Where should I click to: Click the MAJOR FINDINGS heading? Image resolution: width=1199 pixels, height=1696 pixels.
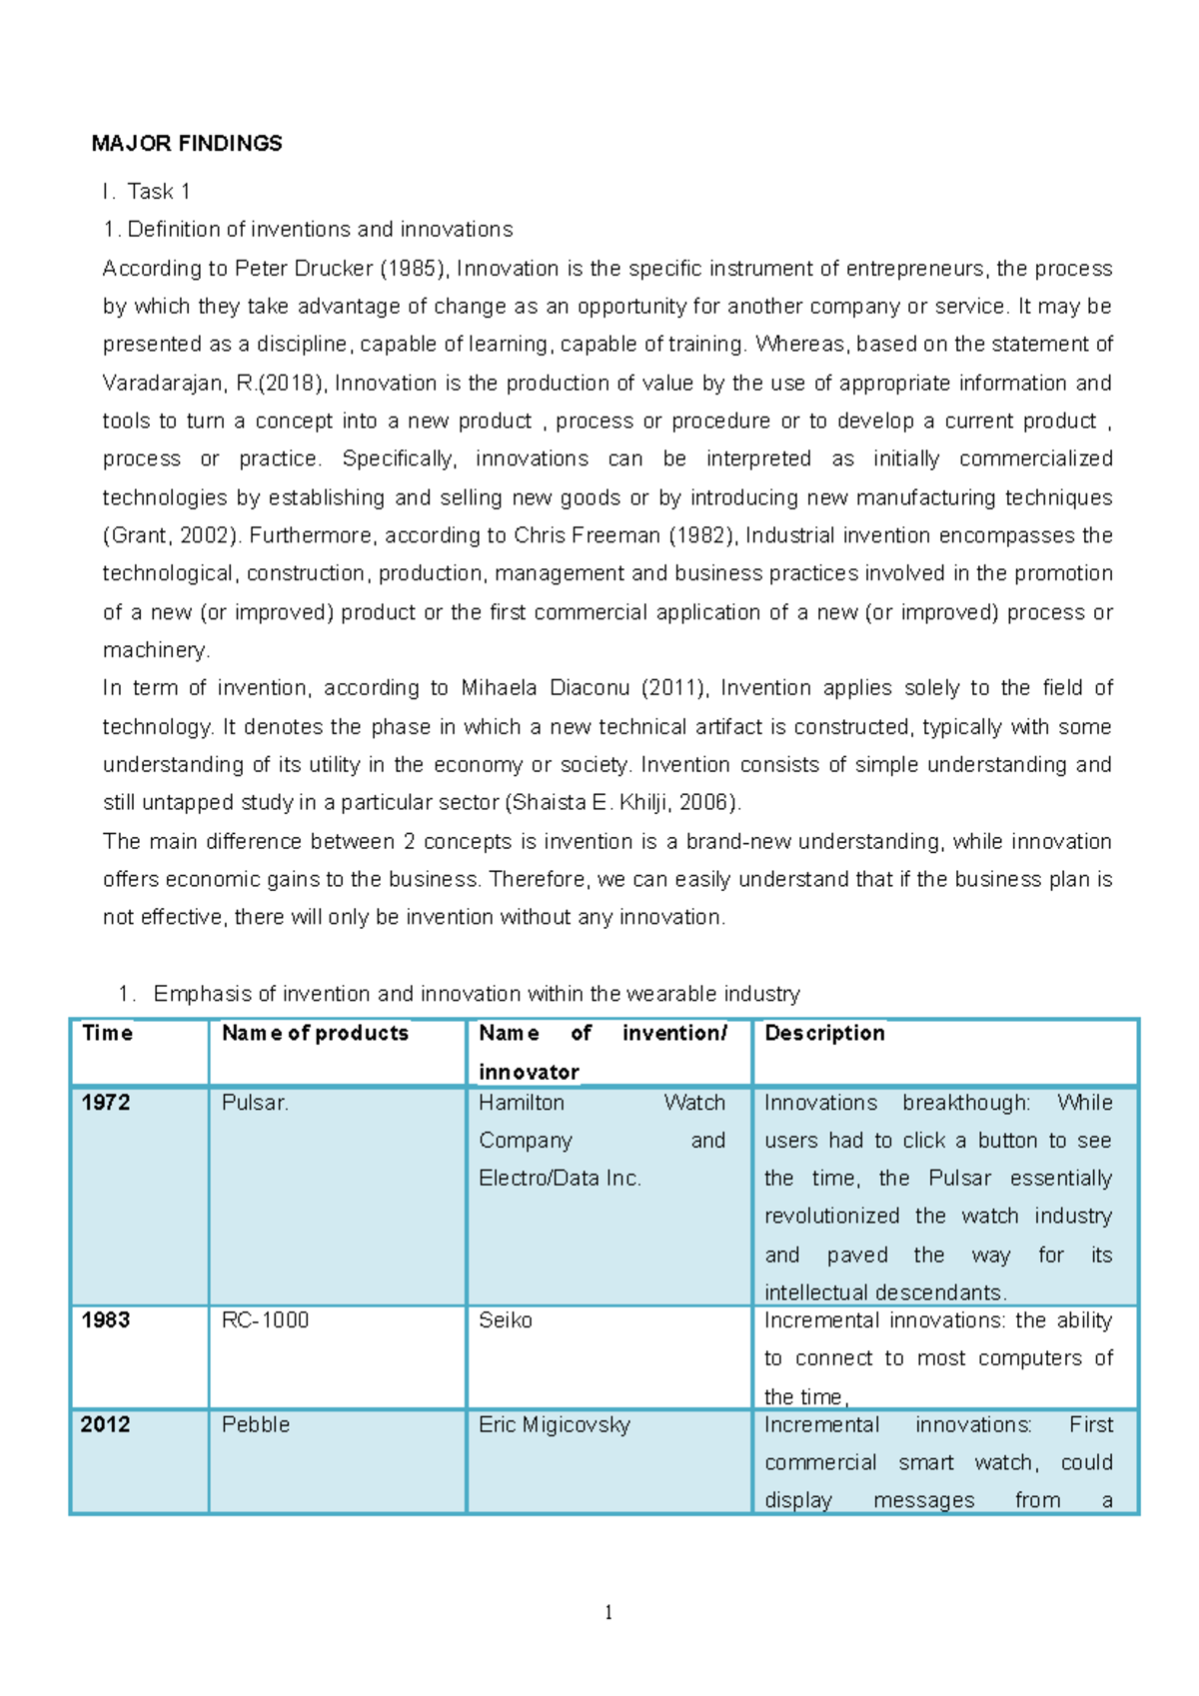pos(187,144)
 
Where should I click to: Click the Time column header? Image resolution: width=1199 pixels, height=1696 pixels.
pos(107,1034)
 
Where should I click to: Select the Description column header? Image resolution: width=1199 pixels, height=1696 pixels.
pos(824,1034)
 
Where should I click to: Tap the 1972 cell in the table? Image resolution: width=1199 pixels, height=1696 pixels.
pos(106,1103)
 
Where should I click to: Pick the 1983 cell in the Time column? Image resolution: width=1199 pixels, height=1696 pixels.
pos(106,1320)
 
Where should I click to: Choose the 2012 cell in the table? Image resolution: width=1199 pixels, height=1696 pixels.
pos(106,1424)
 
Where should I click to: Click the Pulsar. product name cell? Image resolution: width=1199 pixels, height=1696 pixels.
pos(255,1103)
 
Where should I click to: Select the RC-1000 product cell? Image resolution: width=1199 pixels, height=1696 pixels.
pos(265,1320)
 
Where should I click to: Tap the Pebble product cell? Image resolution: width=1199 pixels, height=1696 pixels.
pos(256,1424)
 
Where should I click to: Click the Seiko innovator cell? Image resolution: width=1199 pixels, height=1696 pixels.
pos(505,1320)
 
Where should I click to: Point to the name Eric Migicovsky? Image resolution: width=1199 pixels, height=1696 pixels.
pos(554,1424)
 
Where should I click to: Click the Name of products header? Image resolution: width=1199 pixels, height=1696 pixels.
pos(315,1034)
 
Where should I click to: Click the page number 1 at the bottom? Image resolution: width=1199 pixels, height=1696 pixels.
pos(608,1612)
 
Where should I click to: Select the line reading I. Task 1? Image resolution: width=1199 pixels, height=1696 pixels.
pos(147,192)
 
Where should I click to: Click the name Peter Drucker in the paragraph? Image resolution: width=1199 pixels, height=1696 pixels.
pos(290,269)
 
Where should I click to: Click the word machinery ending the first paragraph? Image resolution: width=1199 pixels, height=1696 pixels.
pos(155,650)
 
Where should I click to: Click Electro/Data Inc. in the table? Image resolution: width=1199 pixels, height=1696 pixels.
pos(560,1179)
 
